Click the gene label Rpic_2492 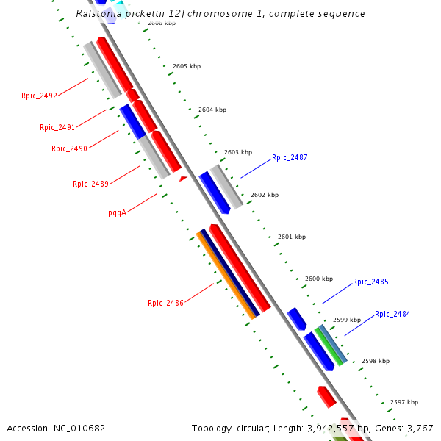[39, 96]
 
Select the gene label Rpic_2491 [57, 128]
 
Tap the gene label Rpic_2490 [69, 148]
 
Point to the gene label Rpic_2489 [90, 184]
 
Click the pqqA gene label [117, 212]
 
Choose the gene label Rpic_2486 [165, 303]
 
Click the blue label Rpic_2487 [290, 158]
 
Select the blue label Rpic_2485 [370, 282]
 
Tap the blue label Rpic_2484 [392, 315]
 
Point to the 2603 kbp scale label [238, 152]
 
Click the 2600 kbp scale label [319, 279]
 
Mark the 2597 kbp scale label [404, 402]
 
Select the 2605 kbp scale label [187, 66]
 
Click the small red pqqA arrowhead [183, 178]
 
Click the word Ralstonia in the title [100, 14]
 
